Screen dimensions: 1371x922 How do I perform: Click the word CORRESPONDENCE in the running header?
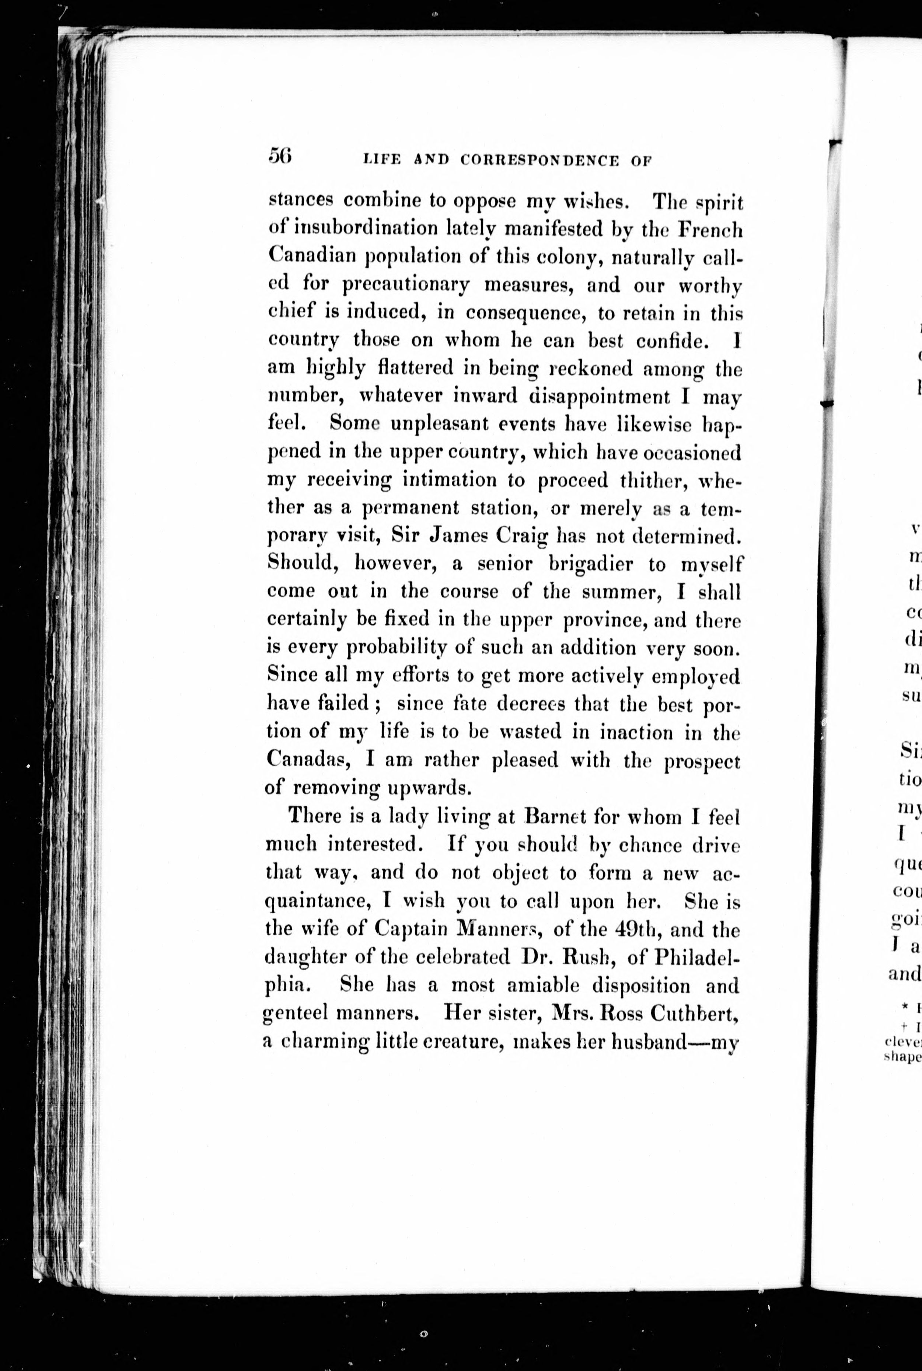(539, 160)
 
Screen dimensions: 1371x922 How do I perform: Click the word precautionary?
(406, 285)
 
